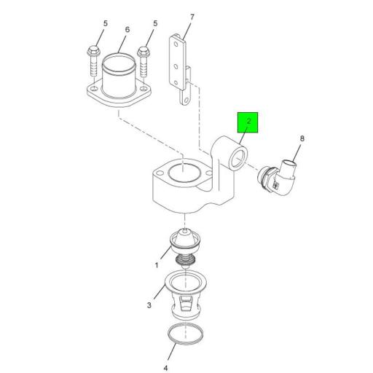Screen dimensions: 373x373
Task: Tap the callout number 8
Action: (x=302, y=138)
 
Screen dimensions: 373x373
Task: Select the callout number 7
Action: (x=192, y=17)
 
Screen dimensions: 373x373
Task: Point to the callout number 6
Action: (x=127, y=30)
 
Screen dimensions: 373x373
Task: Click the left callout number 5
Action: (x=105, y=23)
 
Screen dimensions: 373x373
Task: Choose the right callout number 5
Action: (x=155, y=23)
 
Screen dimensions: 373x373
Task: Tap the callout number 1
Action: (x=157, y=265)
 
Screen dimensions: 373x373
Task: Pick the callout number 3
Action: (x=149, y=305)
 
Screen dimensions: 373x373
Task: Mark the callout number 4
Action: (x=165, y=368)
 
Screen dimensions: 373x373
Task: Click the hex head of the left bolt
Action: (x=93, y=51)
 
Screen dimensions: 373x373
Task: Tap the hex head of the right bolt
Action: (x=144, y=52)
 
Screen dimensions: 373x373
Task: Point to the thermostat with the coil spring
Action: (x=185, y=248)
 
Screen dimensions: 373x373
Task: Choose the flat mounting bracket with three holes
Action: (x=180, y=70)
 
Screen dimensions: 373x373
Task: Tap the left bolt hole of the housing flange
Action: (x=160, y=173)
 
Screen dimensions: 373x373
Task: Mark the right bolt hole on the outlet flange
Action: (x=144, y=88)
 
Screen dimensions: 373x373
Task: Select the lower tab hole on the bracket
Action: (x=186, y=100)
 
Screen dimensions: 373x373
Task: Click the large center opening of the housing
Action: (x=184, y=171)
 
